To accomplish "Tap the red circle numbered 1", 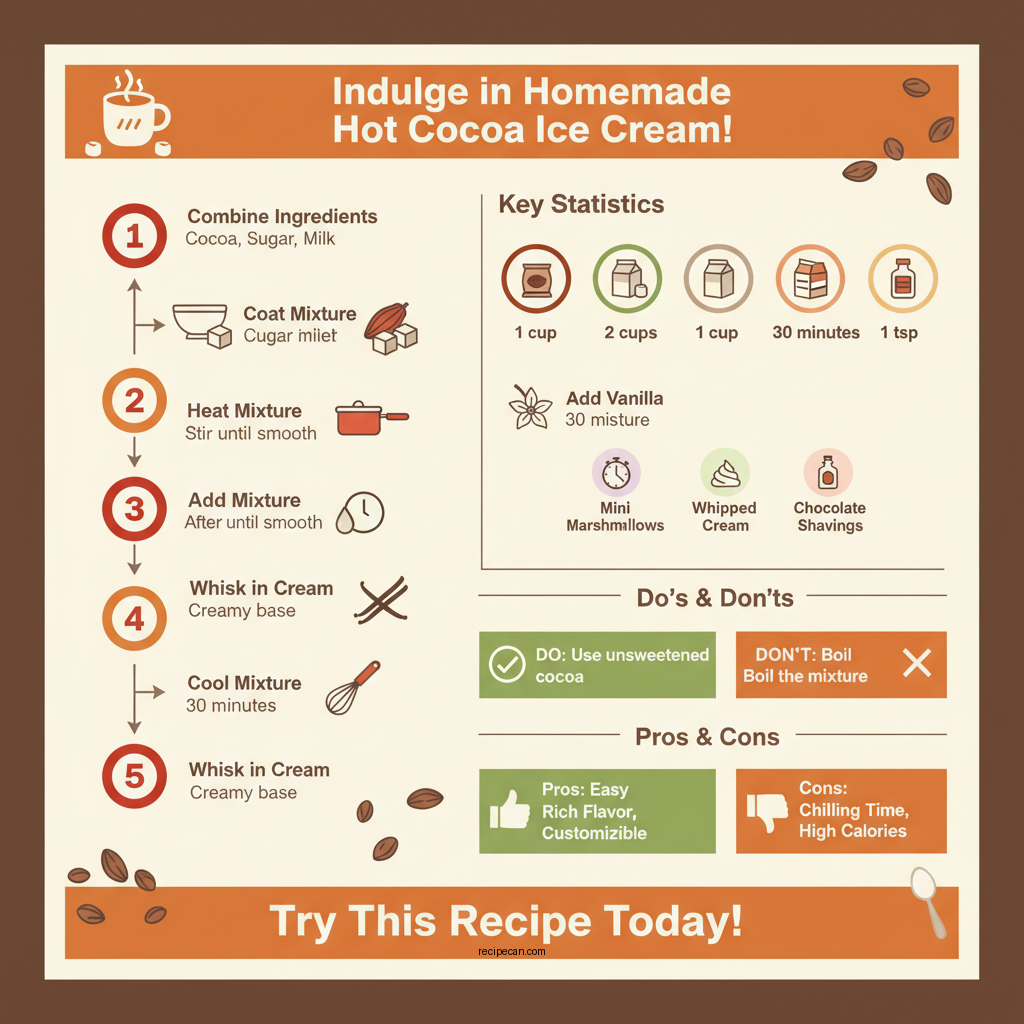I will point(134,237).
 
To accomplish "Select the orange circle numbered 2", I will point(134,401).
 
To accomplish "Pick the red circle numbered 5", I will point(134,777).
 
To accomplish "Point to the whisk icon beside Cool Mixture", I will point(353,687).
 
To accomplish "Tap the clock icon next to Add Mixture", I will point(361,512).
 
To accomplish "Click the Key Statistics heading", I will point(581,205).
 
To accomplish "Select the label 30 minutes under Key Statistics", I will point(816,333).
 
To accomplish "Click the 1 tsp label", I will point(899,333).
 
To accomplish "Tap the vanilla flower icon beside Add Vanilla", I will point(530,407).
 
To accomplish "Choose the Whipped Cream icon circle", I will point(725,472).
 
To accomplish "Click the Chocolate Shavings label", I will point(830,516).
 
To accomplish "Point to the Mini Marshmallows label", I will point(615,516).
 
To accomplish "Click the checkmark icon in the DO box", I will point(507,664).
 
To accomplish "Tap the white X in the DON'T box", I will point(916,663).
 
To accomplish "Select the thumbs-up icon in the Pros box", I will point(510,810).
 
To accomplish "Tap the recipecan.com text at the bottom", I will point(512,952).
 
